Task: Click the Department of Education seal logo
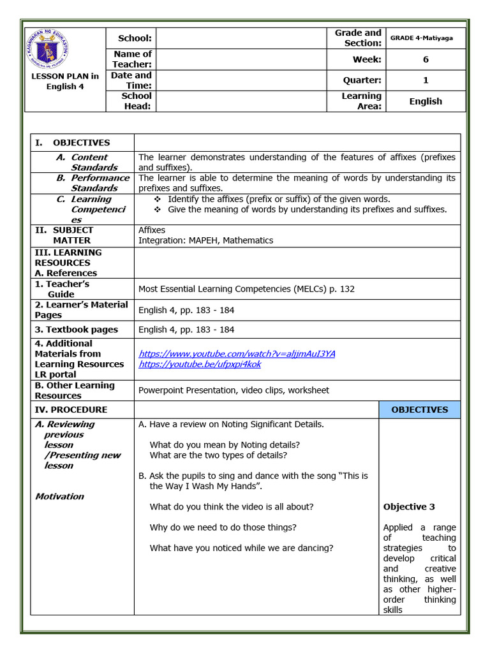[49, 49]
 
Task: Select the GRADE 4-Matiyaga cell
[426, 38]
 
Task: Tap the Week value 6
[426, 59]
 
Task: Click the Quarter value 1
[426, 80]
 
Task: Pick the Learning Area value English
[426, 101]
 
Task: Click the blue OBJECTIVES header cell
[419, 409]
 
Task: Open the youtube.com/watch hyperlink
[237, 353]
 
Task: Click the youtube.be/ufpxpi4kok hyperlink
[200, 364]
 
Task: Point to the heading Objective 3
[409, 507]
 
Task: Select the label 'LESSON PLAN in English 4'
[65, 82]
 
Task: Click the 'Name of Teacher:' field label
[132, 59]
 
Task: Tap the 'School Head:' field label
[137, 101]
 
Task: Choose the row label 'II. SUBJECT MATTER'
[64, 235]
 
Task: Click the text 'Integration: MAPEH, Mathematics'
[205, 240]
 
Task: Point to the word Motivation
[59, 496]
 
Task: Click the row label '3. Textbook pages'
[77, 330]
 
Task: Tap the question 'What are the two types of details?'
[218, 455]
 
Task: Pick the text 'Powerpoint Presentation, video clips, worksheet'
[234, 390]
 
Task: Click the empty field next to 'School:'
[242, 38]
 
